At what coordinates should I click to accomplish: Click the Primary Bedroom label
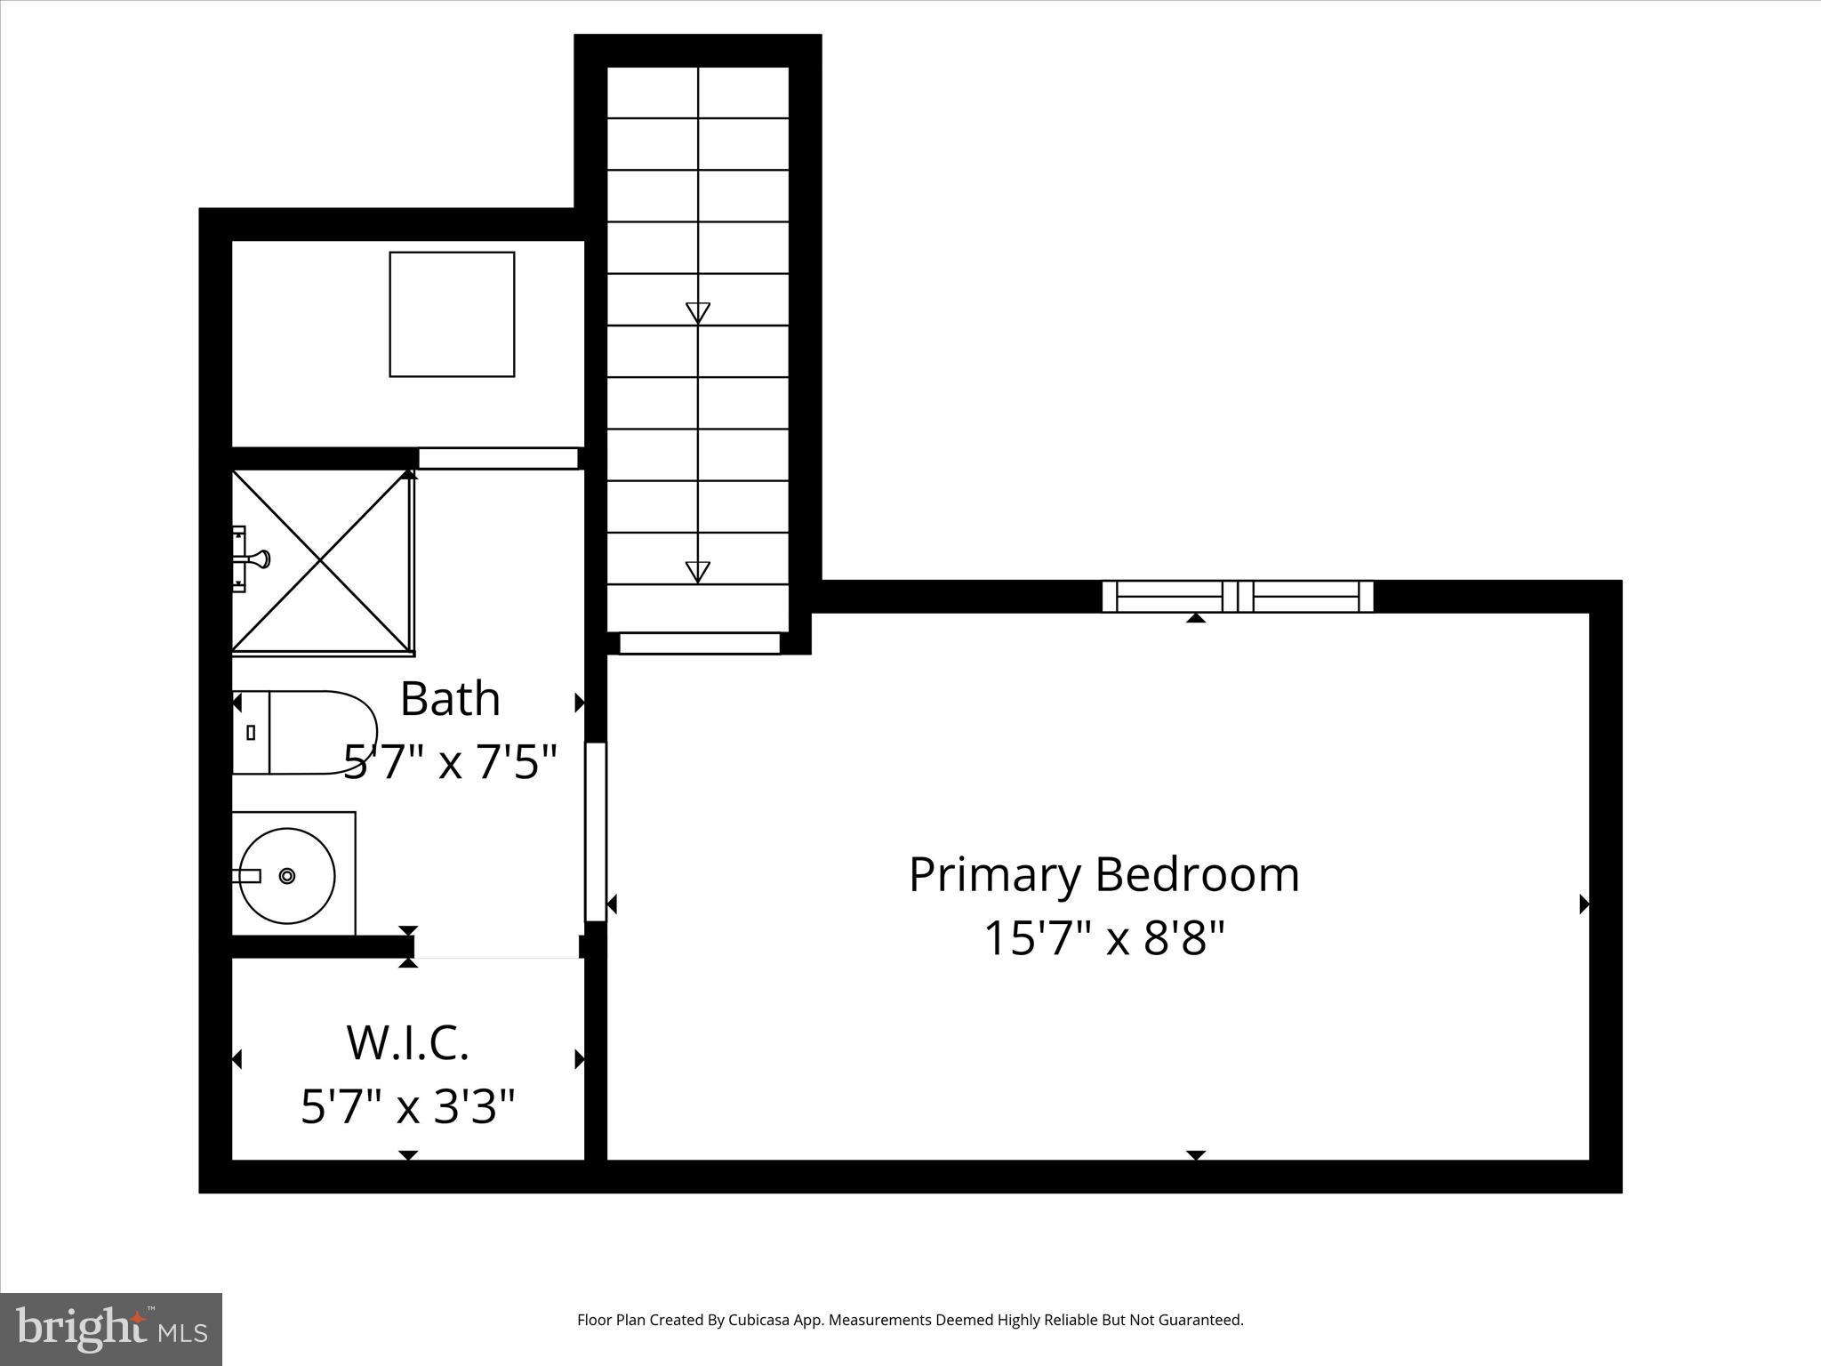1103,875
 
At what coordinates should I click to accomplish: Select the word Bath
450,699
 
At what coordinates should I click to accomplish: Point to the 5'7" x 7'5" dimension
450,761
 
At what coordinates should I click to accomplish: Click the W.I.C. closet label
407,1042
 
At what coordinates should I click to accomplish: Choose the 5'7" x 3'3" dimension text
407,1107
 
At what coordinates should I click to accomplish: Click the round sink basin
287,876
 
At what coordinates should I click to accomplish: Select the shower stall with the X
321,561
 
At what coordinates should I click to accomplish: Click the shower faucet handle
258,559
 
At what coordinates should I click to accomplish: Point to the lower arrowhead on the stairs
698,571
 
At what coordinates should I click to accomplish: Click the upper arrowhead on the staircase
698,312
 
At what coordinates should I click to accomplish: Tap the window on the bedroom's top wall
1238,596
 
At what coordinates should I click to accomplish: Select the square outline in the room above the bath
452,314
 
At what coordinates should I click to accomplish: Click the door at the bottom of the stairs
700,642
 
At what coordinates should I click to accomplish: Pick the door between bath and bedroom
596,832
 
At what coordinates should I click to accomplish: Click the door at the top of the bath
498,458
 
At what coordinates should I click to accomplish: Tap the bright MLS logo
111,1329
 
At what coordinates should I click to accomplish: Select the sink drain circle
287,876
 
